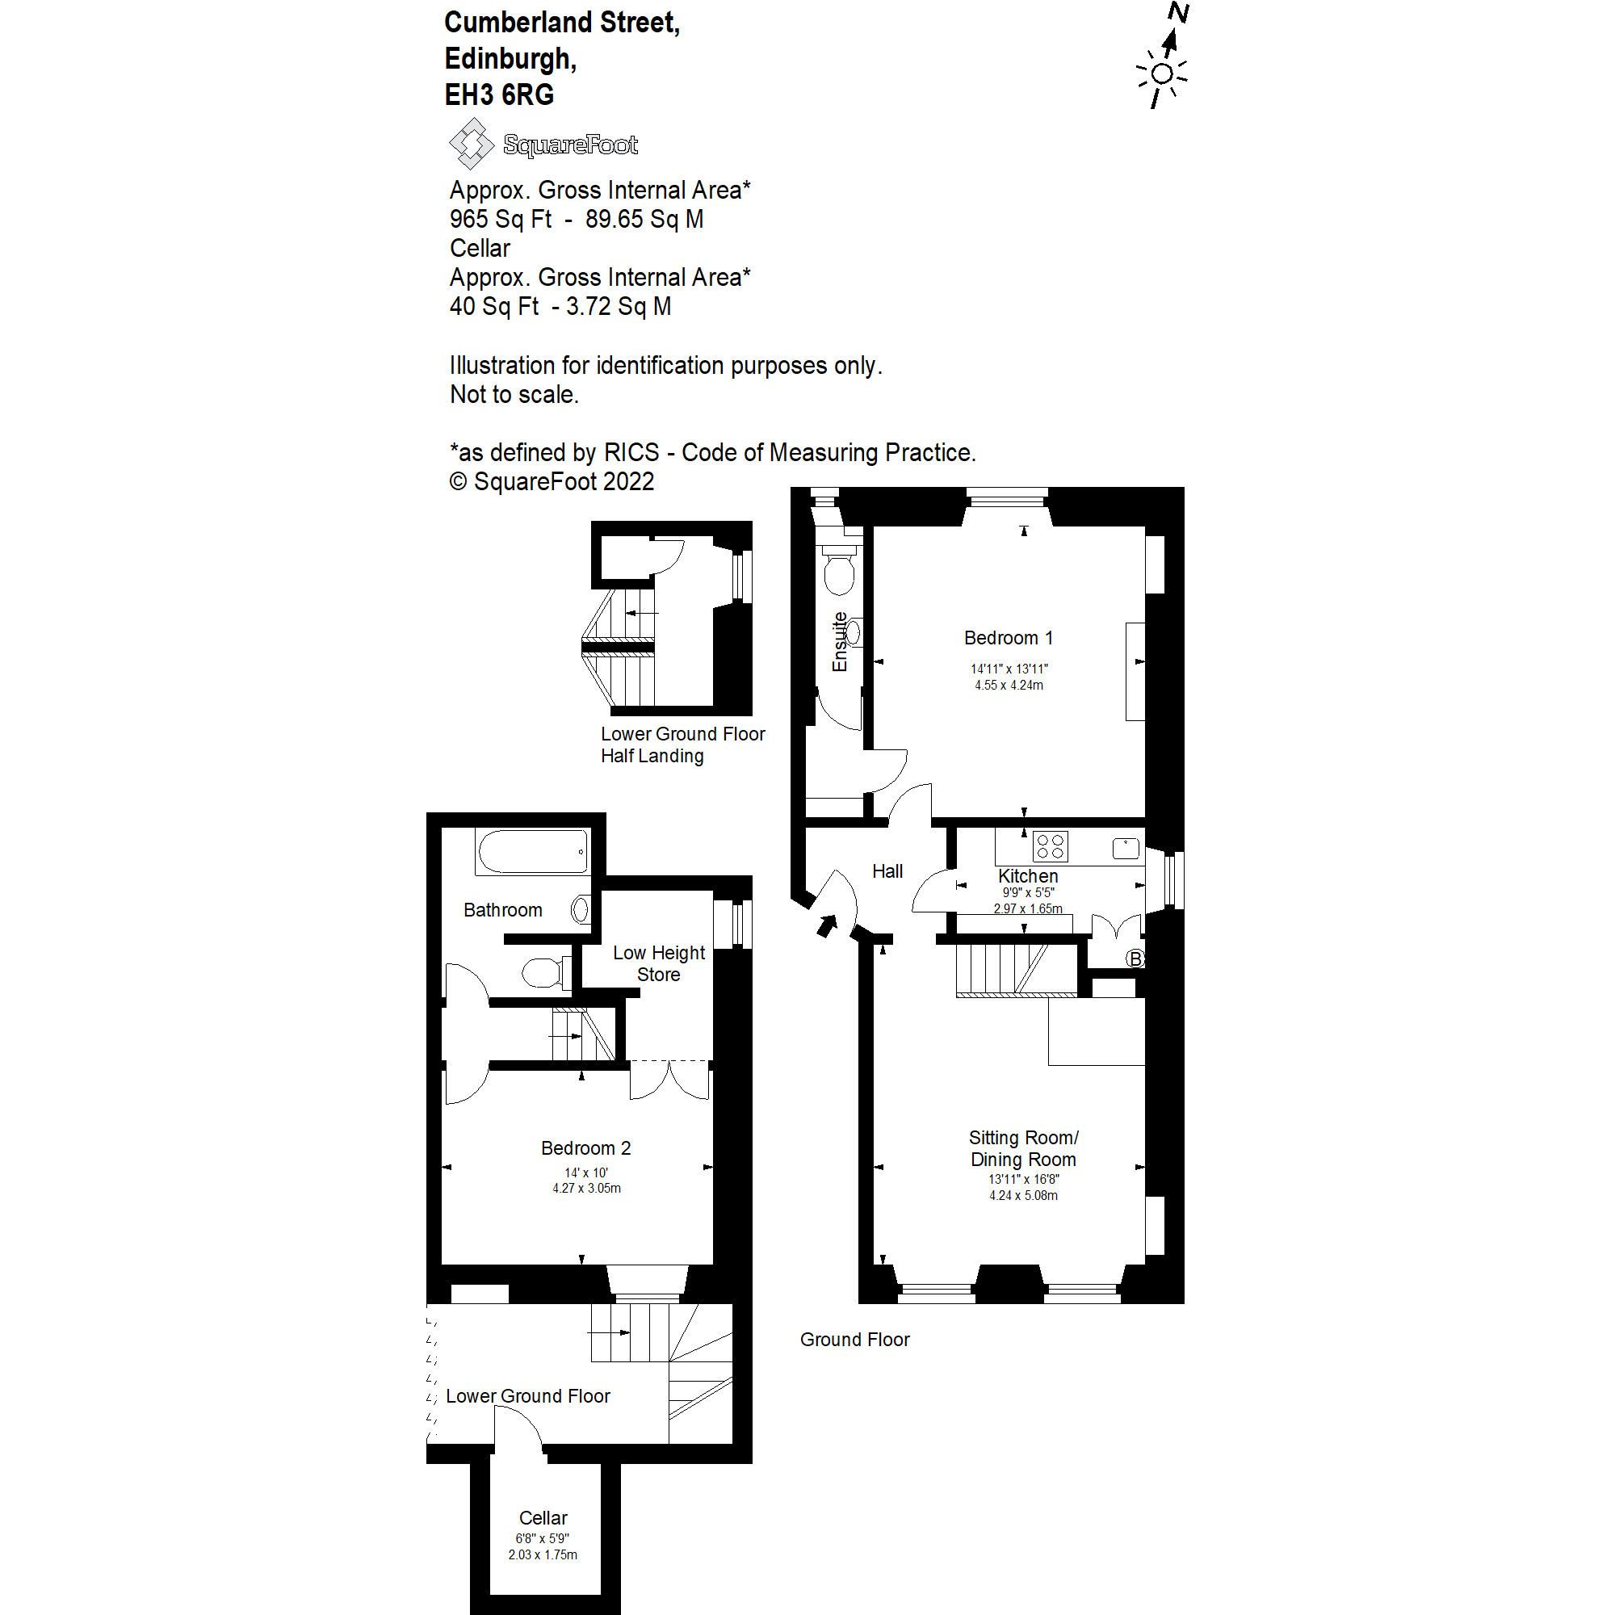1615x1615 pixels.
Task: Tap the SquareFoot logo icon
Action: [472, 144]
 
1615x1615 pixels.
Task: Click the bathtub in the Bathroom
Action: [532, 851]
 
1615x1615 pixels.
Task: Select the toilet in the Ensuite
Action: [839, 568]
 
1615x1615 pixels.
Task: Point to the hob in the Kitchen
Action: [1050, 846]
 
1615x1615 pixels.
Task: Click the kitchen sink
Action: [1126, 848]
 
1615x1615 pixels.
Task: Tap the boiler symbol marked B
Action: [1135, 959]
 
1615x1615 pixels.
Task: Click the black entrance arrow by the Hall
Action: [827, 925]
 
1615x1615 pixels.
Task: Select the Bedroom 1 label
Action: [1008, 638]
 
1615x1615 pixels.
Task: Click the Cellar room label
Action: [543, 1518]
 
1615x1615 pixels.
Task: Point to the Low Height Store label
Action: [659, 963]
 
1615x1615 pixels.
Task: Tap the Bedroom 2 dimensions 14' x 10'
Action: [586, 1172]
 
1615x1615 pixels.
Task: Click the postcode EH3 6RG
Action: [499, 95]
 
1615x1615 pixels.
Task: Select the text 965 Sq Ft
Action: [500, 219]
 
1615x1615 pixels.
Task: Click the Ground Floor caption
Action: [854, 1339]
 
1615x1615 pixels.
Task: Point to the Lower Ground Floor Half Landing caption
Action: [682, 744]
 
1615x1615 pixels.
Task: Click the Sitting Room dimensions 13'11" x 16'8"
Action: [1023, 1180]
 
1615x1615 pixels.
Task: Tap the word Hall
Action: [887, 871]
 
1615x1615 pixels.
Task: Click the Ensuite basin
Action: [853, 632]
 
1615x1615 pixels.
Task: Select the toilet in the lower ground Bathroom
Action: [543, 972]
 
